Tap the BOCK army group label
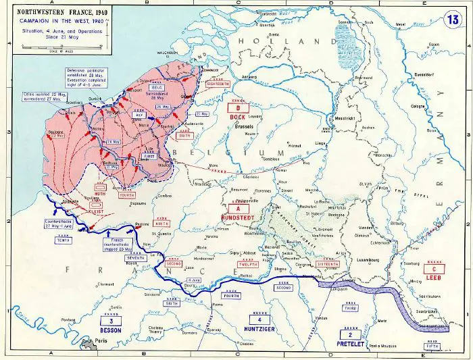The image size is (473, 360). click(x=237, y=117)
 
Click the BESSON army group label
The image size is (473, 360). click(x=111, y=331)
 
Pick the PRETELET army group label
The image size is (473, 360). click(x=349, y=343)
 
